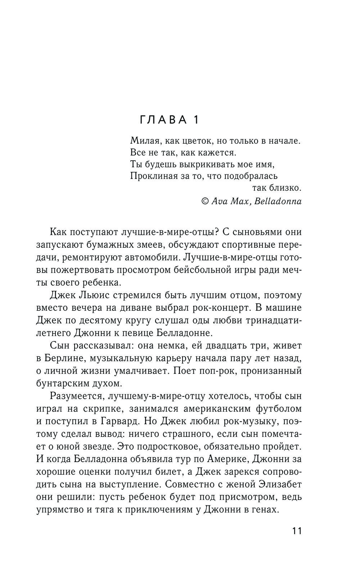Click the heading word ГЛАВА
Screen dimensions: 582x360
point(163,120)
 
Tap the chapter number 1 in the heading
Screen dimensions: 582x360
point(196,120)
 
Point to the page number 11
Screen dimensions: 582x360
point(297,531)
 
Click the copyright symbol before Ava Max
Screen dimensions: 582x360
point(205,201)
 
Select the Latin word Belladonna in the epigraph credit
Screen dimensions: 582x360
point(278,201)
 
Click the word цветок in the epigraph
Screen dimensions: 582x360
point(194,141)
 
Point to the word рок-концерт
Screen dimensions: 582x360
point(213,308)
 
